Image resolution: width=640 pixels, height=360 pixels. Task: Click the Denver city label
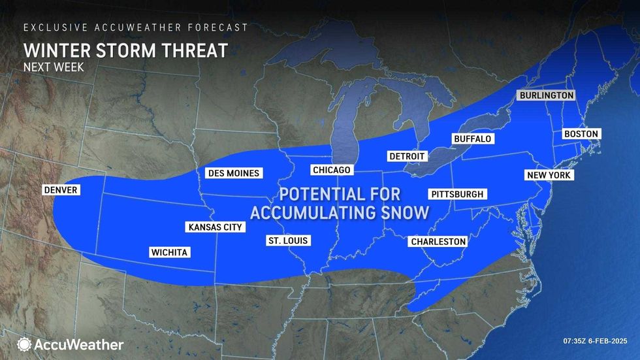(x=61, y=190)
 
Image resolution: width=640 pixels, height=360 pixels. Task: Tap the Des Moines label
(x=234, y=173)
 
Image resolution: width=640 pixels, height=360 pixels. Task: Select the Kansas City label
(x=215, y=227)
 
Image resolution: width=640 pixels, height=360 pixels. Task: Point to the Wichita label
(x=169, y=252)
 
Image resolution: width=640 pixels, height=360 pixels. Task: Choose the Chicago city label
(x=332, y=170)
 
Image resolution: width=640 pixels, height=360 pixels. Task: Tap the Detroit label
(x=407, y=156)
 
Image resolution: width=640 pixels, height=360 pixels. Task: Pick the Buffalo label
(x=472, y=139)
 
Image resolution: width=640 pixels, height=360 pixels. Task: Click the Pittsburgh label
(x=457, y=194)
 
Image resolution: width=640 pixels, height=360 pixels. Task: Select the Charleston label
(x=438, y=242)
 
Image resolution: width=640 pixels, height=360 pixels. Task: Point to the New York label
(x=549, y=175)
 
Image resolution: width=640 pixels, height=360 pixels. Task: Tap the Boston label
(x=581, y=134)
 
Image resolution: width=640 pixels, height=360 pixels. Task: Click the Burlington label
(x=546, y=95)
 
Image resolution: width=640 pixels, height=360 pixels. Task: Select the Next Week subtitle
(x=54, y=67)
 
